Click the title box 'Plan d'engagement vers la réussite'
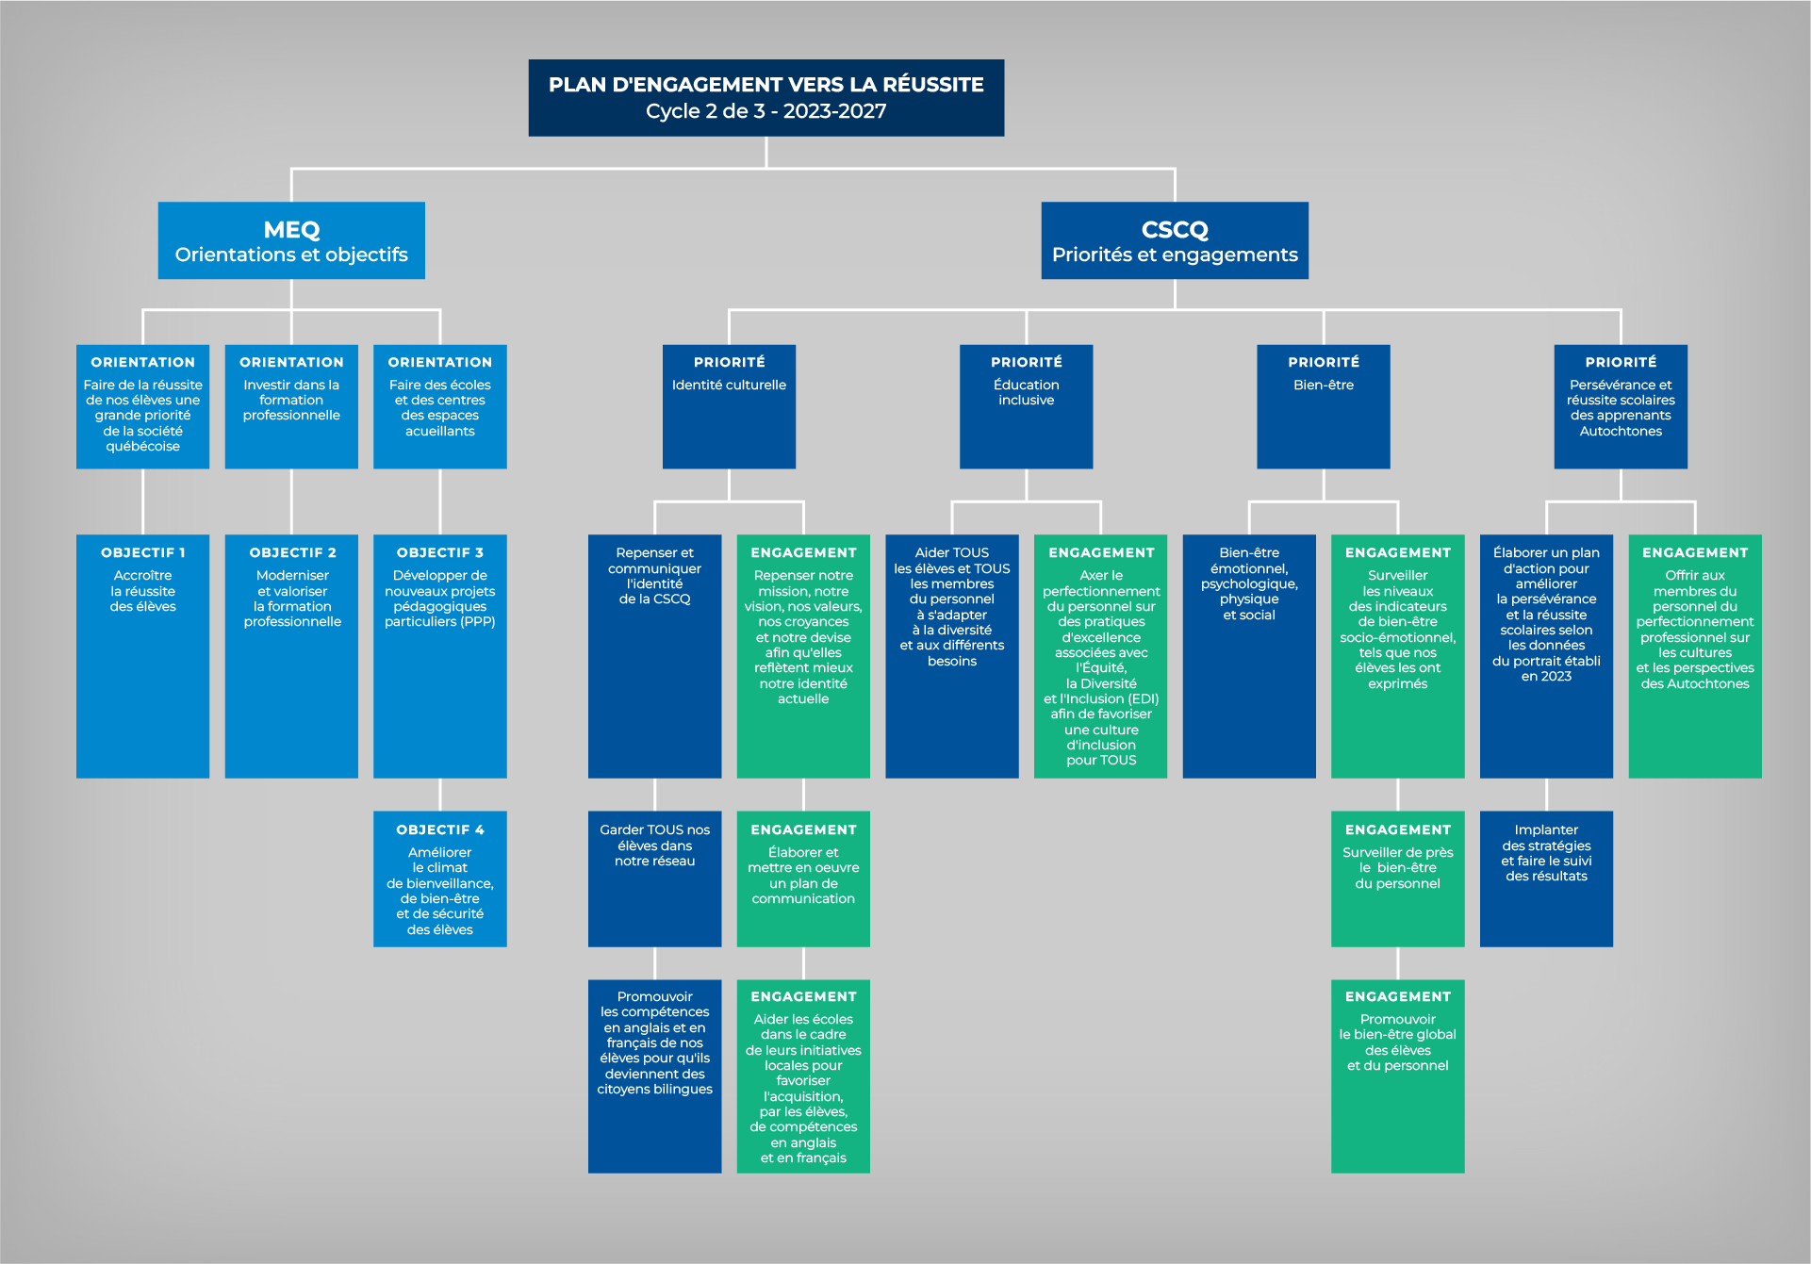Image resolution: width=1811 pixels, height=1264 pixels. [x=766, y=98]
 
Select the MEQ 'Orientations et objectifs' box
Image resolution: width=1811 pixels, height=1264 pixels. [x=291, y=240]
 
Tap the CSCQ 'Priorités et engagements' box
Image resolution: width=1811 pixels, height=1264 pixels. [x=1174, y=240]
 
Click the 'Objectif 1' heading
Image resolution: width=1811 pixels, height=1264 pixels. [x=142, y=552]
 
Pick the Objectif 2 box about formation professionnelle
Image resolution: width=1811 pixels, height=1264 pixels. [x=291, y=655]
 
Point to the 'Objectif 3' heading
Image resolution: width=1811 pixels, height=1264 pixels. [x=439, y=552]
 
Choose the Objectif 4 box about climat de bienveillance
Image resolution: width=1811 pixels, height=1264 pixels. [x=439, y=878]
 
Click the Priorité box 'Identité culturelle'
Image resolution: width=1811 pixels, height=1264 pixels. [x=729, y=406]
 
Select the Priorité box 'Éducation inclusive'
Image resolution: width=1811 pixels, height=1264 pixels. [x=1026, y=406]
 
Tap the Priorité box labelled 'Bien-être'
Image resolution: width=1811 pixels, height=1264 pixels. [x=1323, y=406]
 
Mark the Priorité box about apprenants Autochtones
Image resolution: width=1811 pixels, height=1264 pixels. [x=1620, y=406]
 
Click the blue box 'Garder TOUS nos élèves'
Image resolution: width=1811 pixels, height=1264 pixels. [x=654, y=878]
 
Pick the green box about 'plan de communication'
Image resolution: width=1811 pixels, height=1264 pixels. [x=802, y=878]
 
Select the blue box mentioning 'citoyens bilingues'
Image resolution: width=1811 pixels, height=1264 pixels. [x=654, y=1075]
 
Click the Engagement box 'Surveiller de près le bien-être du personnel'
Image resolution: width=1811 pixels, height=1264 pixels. [x=1397, y=878]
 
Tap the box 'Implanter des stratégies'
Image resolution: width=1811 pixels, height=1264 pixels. [x=1546, y=878]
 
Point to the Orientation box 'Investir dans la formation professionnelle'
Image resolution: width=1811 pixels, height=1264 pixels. [x=291, y=406]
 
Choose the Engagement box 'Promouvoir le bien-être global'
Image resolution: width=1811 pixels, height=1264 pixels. [x=1397, y=1075]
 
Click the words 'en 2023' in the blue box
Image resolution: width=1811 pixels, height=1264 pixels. [x=1546, y=677]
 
